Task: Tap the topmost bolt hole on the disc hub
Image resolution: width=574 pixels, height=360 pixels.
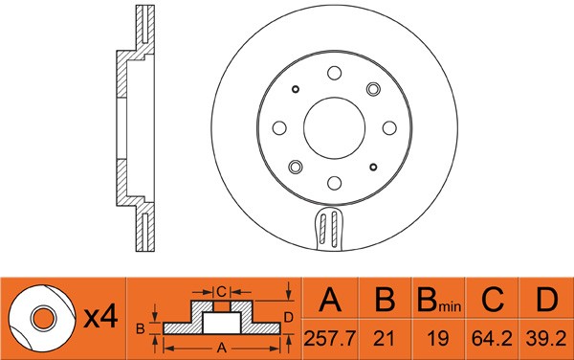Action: click(x=334, y=72)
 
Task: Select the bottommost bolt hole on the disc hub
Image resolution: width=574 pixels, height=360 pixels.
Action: click(x=334, y=181)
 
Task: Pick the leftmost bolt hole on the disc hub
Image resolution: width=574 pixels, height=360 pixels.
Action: click(x=279, y=126)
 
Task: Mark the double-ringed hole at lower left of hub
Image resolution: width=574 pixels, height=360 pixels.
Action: click(x=296, y=166)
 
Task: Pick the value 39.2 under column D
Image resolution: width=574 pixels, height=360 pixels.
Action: click(x=546, y=338)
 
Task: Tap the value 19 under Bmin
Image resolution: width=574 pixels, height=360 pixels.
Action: click(x=438, y=338)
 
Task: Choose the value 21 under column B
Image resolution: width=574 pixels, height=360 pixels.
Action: click(x=385, y=338)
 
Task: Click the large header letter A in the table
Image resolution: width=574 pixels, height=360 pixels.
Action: click(x=330, y=303)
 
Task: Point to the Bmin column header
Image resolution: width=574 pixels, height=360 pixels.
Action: click(x=438, y=304)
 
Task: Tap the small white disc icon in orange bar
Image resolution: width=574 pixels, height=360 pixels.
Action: click(x=41, y=317)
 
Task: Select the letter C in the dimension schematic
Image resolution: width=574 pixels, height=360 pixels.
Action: click(x=220, y=291)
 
